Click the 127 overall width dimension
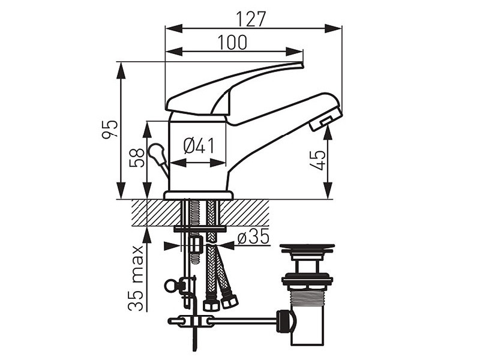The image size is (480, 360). [251, 19]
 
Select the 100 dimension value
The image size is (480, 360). [232, 43]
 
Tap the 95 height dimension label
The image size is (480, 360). [110, 129]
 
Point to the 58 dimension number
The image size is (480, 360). [137, 158]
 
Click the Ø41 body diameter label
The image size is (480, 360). [199, 146]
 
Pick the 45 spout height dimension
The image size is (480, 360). [317, 160]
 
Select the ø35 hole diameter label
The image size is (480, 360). [253, 236]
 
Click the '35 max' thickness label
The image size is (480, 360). [136, 278]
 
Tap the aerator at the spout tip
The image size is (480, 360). [325, 119]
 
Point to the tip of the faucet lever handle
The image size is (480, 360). [302, 65]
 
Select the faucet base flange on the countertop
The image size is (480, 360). [199, 195]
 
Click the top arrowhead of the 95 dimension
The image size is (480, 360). [121, 70]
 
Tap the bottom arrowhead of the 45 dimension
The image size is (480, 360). [328, 191]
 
